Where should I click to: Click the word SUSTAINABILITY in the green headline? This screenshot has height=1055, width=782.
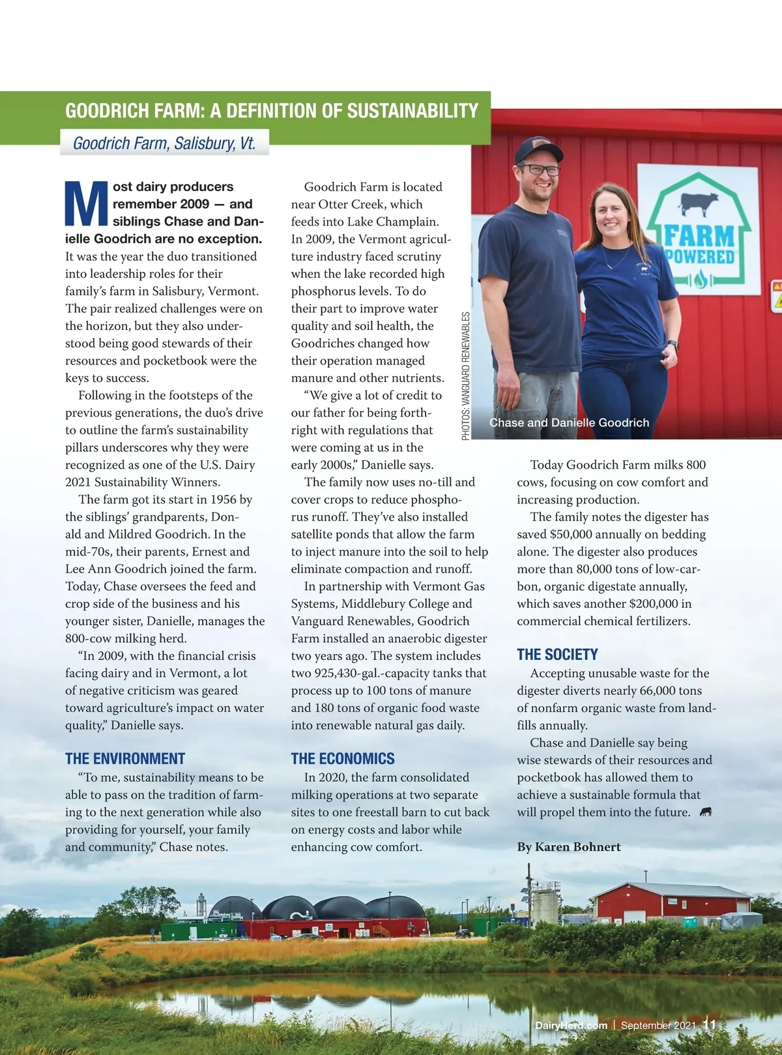pos(413,111)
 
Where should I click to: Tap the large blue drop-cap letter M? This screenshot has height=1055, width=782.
pos(86,203)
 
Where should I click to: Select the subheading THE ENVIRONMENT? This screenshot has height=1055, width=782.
pos(125,758)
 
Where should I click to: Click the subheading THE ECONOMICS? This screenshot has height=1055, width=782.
pos(343,758)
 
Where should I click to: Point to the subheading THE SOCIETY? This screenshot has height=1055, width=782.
pos(557,655)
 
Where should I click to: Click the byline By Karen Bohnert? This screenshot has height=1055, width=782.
pos(569,847)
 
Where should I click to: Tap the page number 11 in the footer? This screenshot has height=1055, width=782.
pos(709,1025)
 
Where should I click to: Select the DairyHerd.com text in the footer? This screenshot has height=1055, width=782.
pos(571,1026)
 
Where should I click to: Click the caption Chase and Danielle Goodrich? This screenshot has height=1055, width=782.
pos(569,423)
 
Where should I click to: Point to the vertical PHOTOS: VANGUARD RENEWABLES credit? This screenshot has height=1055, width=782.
pos(466,376)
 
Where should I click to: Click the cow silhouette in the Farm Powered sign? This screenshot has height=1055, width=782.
pos(699,204)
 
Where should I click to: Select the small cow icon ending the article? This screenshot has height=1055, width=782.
pos(705,812)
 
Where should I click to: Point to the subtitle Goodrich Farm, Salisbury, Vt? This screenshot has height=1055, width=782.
pos(164,143)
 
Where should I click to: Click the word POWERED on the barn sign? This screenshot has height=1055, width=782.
pos(700,256)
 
